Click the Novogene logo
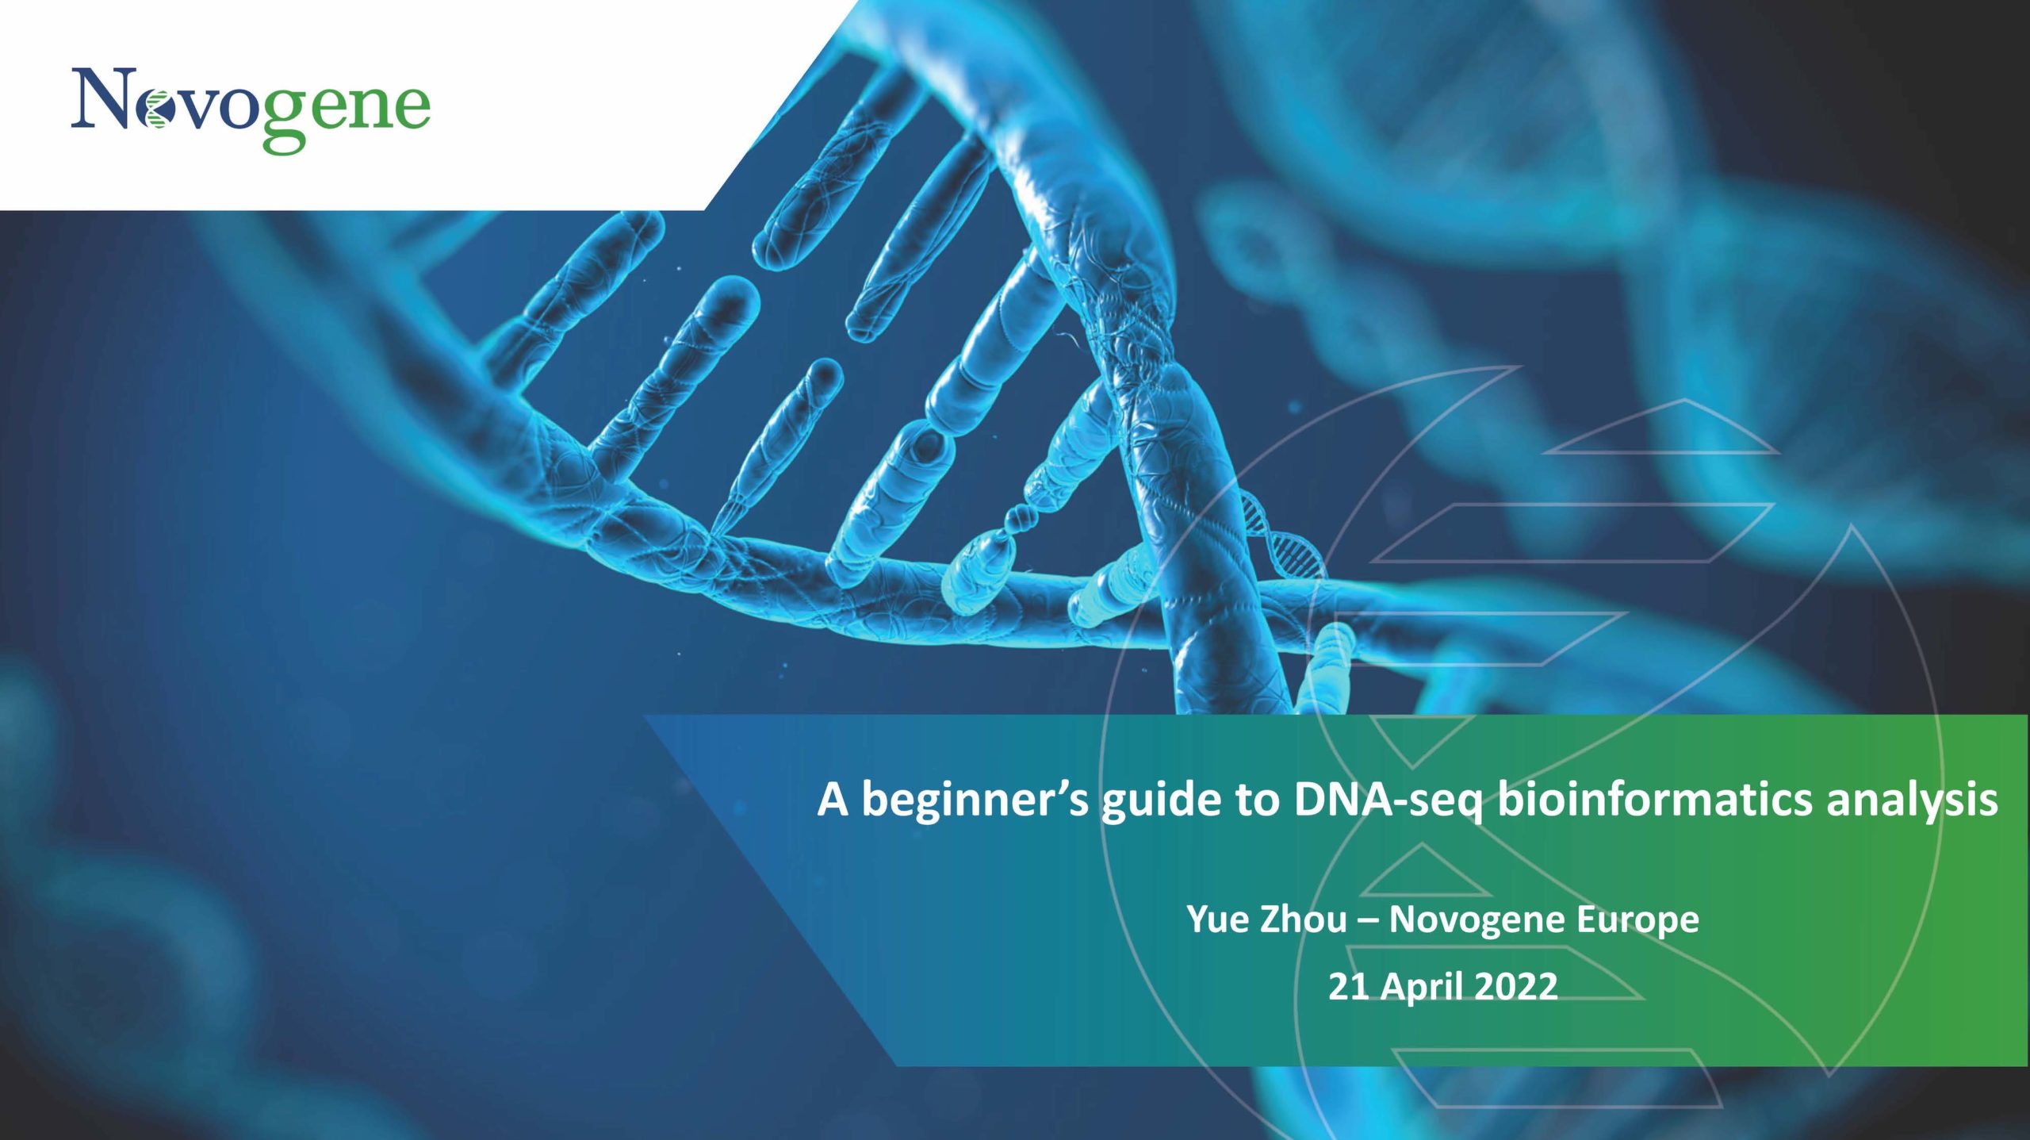[x=251, y=109]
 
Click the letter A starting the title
[x=833, y=799]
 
